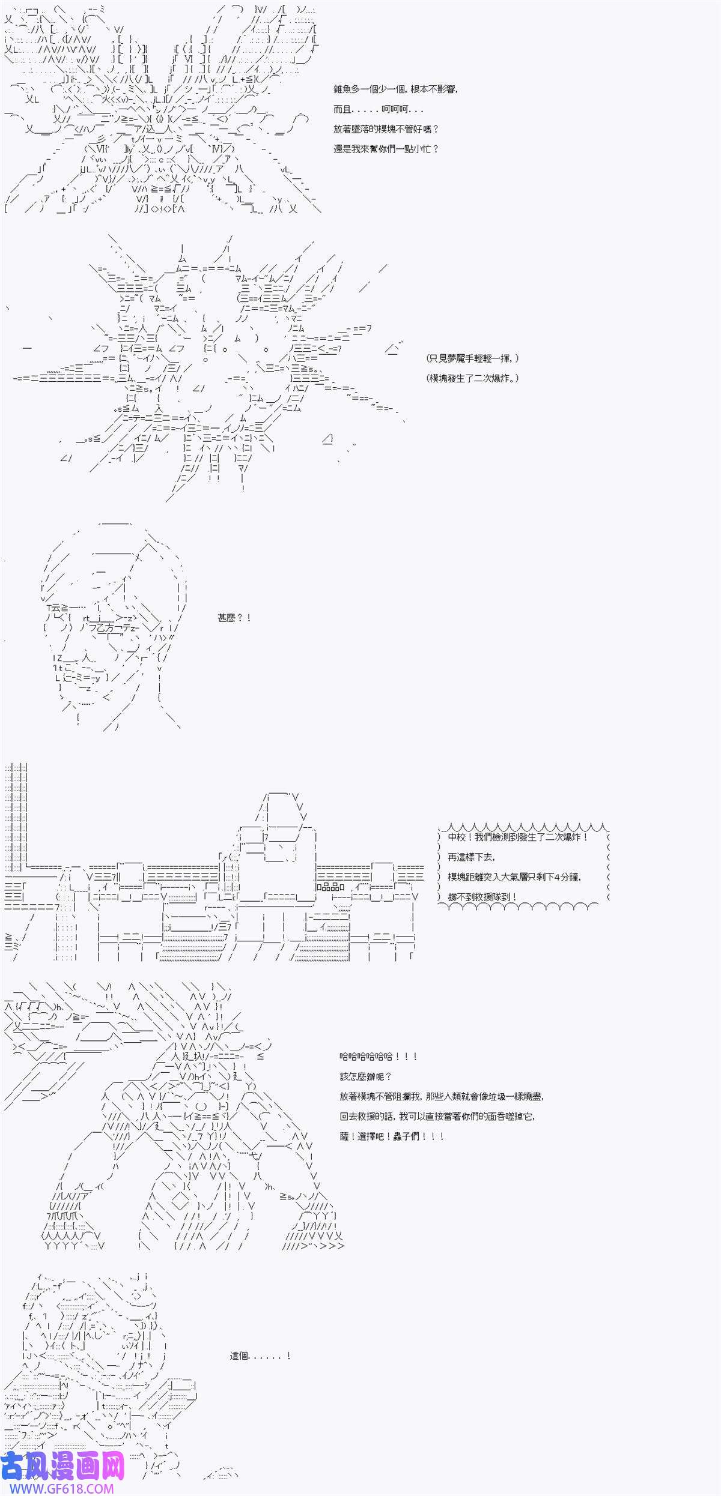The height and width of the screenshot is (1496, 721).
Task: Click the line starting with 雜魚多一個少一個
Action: pos(396,89)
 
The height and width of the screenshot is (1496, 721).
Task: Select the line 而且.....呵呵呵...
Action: pos(379,109)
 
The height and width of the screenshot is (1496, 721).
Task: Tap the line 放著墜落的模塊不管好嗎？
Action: pos(386,129)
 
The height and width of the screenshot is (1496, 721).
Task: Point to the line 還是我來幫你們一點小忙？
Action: pos(386,149)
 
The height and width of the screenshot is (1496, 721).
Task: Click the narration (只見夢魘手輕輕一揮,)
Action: pos(472,358)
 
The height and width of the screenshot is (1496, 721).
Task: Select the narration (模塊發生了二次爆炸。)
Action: pos(472,378)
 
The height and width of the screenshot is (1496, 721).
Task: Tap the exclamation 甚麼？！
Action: pos(234,618)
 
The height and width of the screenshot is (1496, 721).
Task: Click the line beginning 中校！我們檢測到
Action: pos(518,837)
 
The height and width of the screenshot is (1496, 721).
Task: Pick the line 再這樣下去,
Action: pos(472,857)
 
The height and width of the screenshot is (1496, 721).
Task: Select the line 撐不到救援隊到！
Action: pos(482,897)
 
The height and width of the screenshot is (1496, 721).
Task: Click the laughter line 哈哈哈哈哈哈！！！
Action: pos(379,1057)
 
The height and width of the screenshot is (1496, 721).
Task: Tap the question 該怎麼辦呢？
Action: pos(365,1076)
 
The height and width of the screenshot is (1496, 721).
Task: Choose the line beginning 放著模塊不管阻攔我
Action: pos(442,1096)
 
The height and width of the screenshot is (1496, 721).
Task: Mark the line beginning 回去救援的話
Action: pos(437,1116)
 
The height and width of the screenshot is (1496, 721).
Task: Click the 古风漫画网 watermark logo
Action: pos(63,1465)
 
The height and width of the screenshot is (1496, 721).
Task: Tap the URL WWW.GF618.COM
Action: pos(59,1489)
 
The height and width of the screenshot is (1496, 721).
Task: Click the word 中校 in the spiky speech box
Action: pos(457,837)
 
